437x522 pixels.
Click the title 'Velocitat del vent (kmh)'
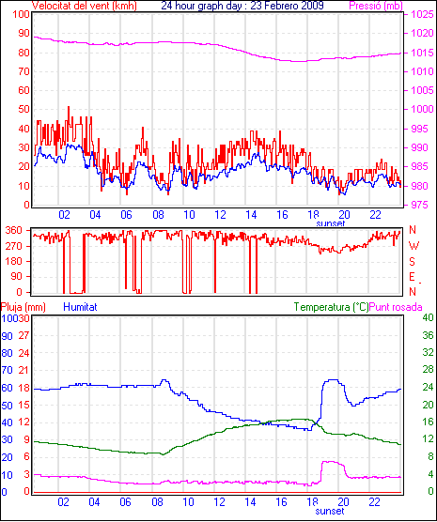click(x=85, y=6)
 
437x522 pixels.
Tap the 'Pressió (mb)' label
click(x=376, y=6)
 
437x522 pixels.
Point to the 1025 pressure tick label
click(x=422, y=14)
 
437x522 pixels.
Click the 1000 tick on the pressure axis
click(x=422, y=109)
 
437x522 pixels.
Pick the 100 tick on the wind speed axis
click(x=21, y=14)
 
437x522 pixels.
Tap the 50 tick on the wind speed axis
click(x=23, y=109)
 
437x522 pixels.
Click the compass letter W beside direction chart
click(x=414, y=246)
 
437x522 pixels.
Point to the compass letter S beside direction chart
click(x=413, y=262)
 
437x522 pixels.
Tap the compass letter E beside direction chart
click(x=413, y=277)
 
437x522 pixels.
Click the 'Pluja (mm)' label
click(x=23, y=307)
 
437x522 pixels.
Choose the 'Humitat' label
click(x=80, y=307)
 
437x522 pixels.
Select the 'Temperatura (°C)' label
click(x=332, y=307)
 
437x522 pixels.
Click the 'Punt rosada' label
click(x=396, y=307)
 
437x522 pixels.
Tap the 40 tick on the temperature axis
click(x=428, y=317)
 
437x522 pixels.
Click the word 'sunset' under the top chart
click(x=330, y=223)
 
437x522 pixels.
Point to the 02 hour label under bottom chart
click(x=63, y=501)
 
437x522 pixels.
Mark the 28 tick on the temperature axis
click(x=428, y=370)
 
